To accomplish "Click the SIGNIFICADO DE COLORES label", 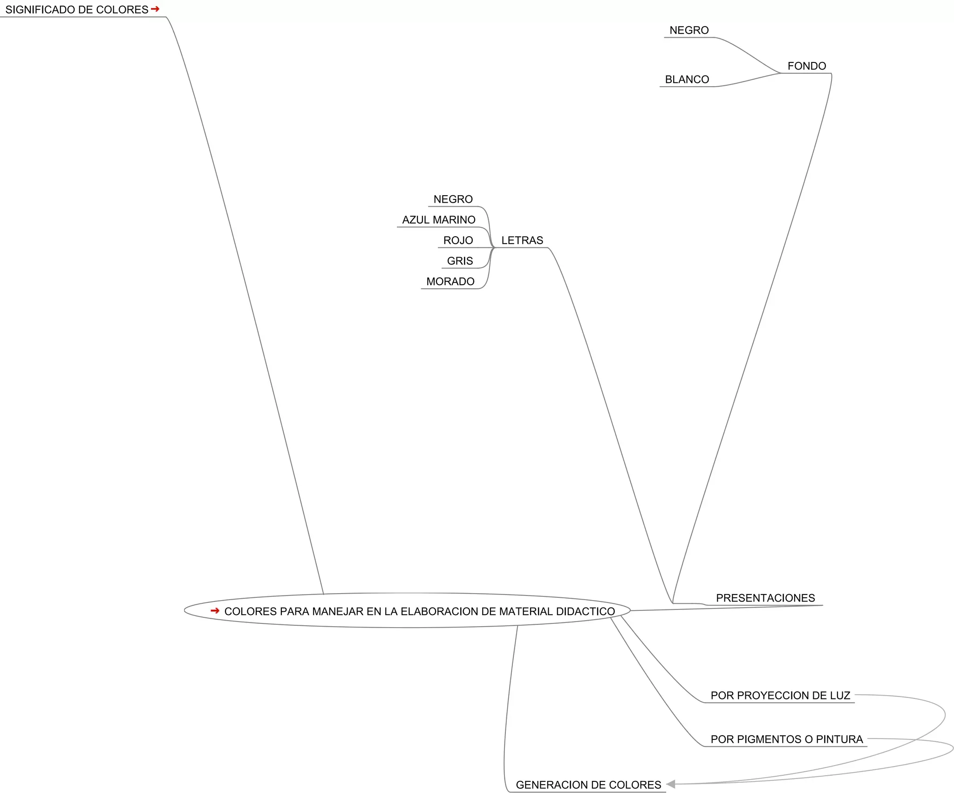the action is [77, 10].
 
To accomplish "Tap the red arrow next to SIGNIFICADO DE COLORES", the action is [155, 9].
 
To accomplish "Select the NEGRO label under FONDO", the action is [689, 30].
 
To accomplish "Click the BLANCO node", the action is [687, 80].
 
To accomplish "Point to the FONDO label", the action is [806, 66].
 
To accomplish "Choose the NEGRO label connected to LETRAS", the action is [453, 199].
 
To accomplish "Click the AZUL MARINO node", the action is [439, 220].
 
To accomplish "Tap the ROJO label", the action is [458, 240].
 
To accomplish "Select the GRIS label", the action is [460, 261].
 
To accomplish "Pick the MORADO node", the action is [450, 281].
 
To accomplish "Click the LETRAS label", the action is [522, 240].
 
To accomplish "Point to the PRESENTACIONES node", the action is [765, 598].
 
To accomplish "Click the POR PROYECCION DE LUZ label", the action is [780, 696].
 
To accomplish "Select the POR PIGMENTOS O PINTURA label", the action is [787, 739].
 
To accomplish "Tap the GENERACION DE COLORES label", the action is [588, 785].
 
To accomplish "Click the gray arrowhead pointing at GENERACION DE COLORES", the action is [671, 784].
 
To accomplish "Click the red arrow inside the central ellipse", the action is [215, 610].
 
